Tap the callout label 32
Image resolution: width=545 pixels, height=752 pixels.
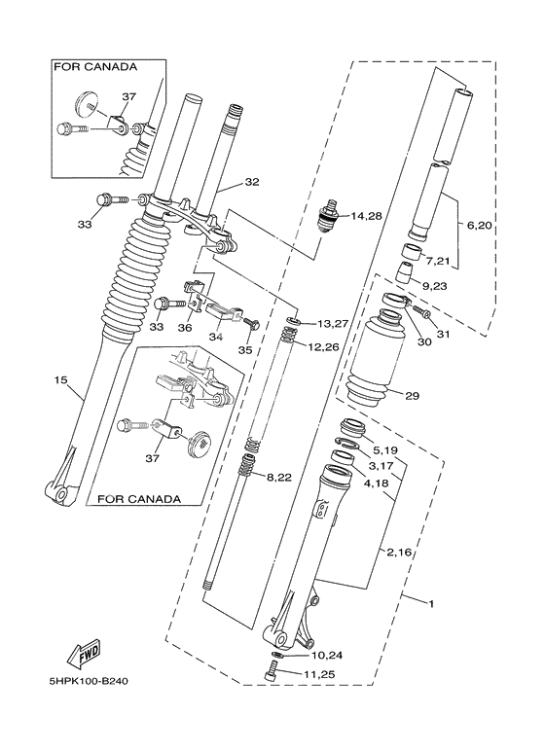tap(252, 182)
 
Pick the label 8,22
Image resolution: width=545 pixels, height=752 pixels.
tap(278, 476)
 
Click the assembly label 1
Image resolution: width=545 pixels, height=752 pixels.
tap(430, 603)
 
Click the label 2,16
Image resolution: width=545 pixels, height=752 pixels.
tap(401, 553)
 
